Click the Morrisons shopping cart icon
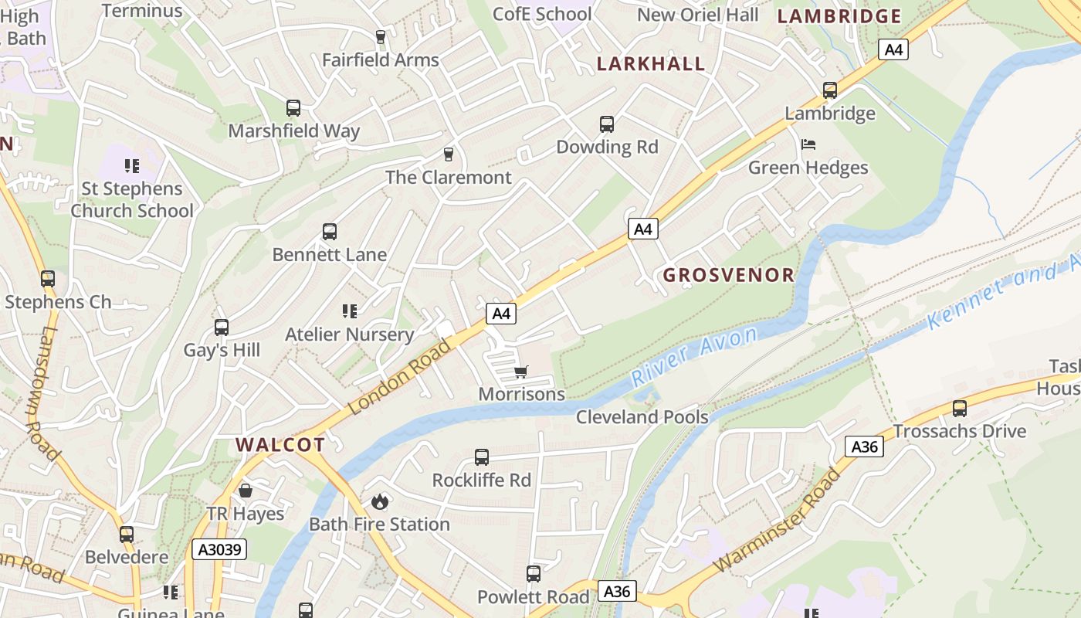521,372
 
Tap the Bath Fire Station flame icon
379,501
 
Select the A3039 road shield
219,549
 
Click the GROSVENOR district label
728,275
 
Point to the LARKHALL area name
651,64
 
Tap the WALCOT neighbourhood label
280,445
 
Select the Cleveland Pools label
642,417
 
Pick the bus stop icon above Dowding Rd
607,124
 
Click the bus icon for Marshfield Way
293,108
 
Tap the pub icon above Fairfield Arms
380,36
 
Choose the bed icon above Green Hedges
808,144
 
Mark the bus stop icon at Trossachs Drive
960,409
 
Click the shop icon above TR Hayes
246,491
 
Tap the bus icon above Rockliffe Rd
482,457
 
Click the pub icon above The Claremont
448,154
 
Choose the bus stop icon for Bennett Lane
330,232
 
